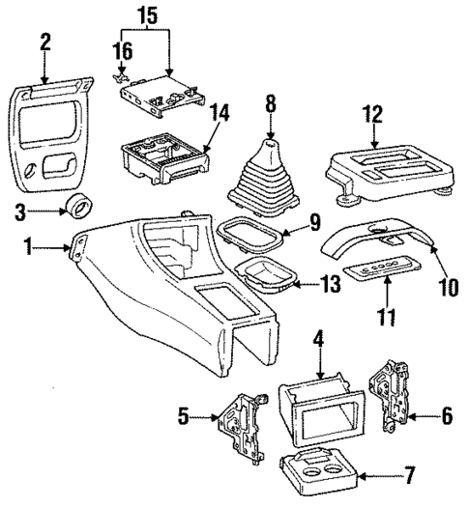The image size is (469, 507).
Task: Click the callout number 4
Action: coord(316,341)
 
